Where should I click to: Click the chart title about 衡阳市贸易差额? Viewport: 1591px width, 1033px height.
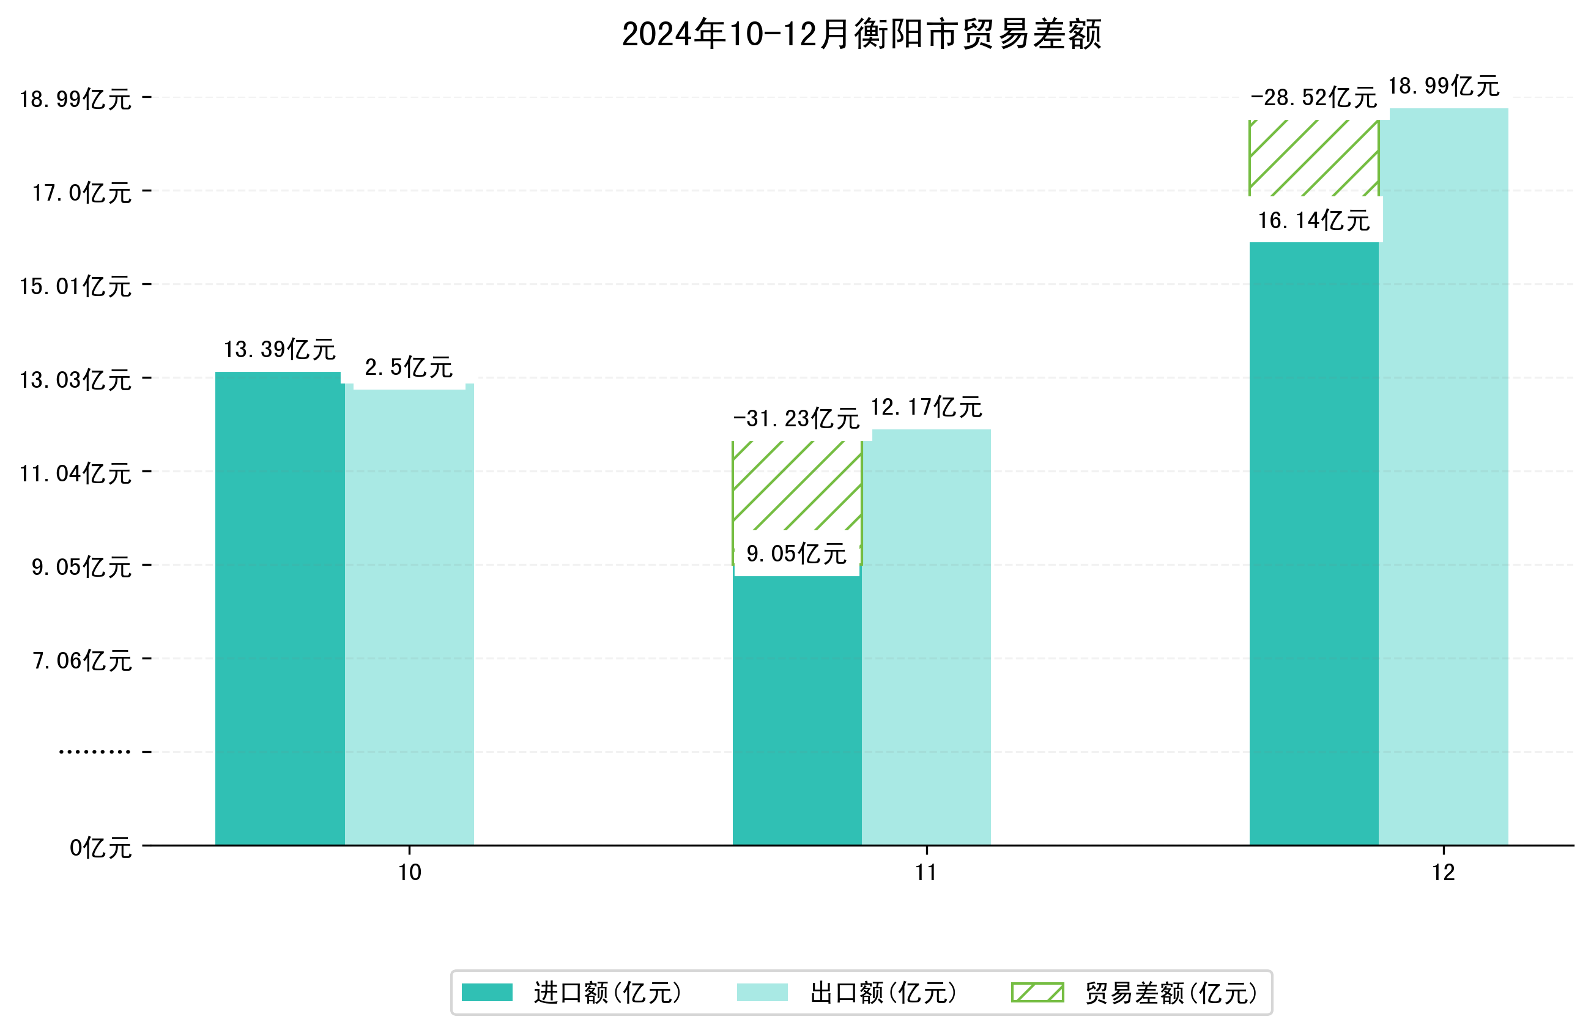tap(861, 34)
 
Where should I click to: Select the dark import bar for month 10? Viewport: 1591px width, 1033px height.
tap(280, 609)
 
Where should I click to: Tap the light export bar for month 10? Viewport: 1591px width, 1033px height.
tap(409, 615)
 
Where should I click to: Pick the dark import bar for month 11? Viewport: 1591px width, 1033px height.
tap(796, 709)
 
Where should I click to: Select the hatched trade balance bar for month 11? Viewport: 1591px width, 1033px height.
tap(796, 486)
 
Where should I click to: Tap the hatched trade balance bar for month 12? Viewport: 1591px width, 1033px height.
tap(1313, 158)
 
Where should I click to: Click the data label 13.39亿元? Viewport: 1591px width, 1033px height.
tap(280, 350)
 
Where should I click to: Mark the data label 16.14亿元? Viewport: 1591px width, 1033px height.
tap(1313, 221)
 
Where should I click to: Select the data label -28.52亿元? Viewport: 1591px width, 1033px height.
tap(1313, 98)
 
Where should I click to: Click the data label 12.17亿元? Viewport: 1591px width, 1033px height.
tap(926, 407)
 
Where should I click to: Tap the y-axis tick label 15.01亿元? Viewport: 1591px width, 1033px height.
tap(75, 286)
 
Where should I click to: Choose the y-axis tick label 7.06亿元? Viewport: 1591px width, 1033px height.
tap(81, 661)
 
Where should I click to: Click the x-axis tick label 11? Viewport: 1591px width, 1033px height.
tap(926, 873)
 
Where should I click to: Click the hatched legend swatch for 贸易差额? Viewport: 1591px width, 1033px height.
tap(1037, 993)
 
